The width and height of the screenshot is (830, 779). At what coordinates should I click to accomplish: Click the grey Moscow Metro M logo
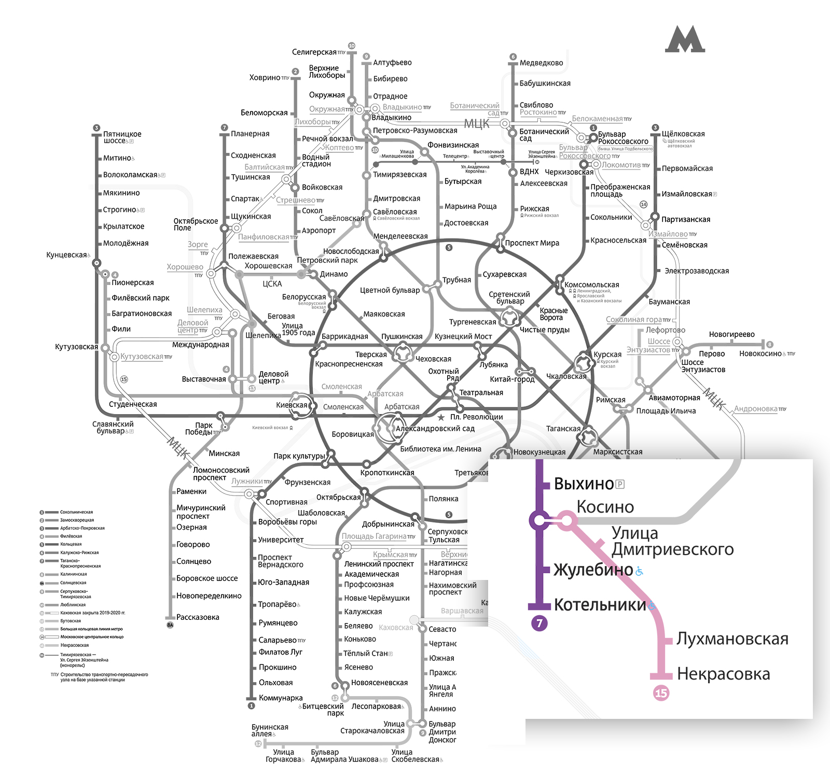[x=685, y=39]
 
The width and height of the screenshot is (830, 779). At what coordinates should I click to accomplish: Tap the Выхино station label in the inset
[x=584, y=484]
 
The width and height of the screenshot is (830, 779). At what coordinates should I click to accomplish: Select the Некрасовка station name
[x=723, y=674]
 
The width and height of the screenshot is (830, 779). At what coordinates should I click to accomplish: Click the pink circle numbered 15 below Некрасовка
[x=661, y=693]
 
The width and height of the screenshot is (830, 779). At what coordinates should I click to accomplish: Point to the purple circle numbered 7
[x=539, y=623]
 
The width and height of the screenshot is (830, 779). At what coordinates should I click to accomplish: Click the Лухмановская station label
[x=732, y=639]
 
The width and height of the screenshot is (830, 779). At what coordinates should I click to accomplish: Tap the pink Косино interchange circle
[x=567, y=520]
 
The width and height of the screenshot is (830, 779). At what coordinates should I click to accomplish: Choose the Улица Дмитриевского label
[x=672, y=541]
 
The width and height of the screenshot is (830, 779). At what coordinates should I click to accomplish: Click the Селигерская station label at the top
[x=314, y=52]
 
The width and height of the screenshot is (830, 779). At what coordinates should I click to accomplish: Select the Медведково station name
[x=541, y=63]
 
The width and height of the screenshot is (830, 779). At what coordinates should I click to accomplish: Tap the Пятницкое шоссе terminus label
[x=122, y=137]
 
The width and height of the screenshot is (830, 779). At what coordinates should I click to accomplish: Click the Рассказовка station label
[x=198, y=617]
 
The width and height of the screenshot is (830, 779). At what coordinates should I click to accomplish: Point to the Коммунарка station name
[x=281, y=698]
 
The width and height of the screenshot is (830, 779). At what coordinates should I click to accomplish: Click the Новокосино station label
[x=760, y=353]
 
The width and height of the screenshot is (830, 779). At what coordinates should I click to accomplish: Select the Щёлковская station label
[x=683, y=134]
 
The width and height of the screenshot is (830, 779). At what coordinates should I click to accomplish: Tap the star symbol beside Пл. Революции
[x=441, y=417]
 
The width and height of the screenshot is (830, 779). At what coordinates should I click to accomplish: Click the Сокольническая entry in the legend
[x=76, y=512]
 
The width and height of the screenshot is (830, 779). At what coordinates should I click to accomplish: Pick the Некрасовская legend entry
[x=74, y=645]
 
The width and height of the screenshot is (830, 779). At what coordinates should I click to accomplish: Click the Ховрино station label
[x=265, y=78]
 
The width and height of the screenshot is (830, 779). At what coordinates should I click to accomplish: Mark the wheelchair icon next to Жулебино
[x=640, y=571]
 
